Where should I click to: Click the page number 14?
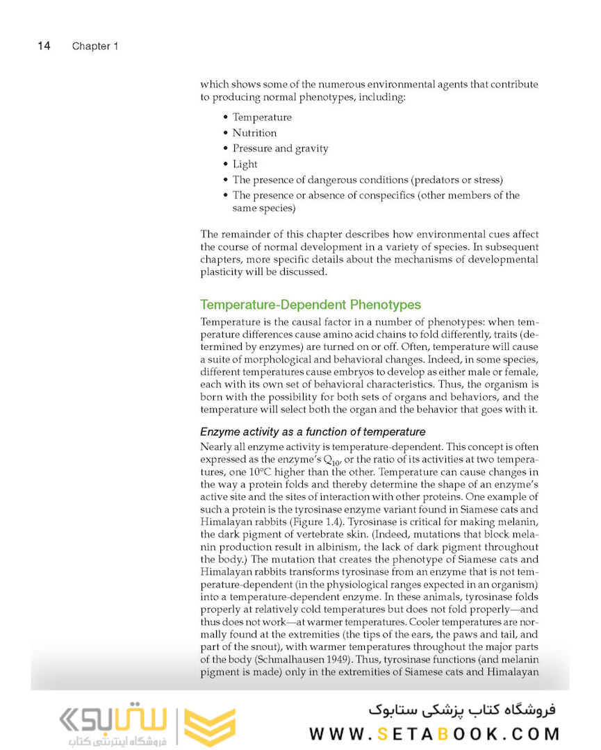point(43,46)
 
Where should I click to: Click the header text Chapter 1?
point(95,47)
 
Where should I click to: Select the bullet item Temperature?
point(262,117)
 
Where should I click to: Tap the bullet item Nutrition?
point(254,133)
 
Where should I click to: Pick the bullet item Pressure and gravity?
point(280,149)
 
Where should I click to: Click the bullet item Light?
point(245,165)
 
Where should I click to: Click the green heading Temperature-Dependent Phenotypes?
point(310,305)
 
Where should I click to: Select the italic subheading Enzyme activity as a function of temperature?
point(313,432)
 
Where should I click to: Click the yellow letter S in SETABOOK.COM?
point(382,733)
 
